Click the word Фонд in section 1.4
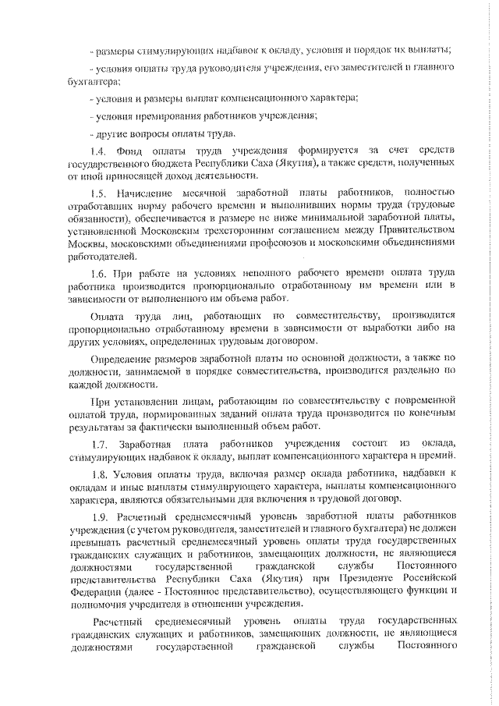(x=128, y=150)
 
